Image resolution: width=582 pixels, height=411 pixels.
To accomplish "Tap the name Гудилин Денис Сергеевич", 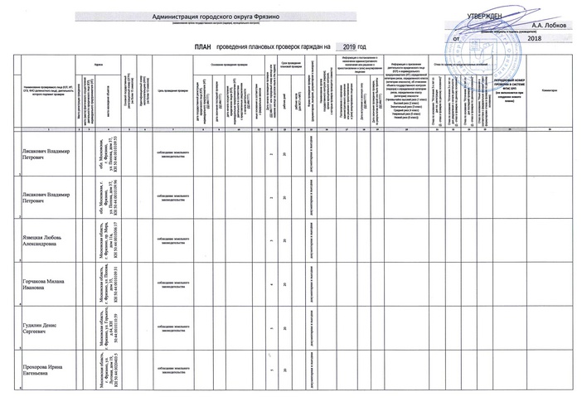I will pyautogui.click(x=41, y=330).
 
